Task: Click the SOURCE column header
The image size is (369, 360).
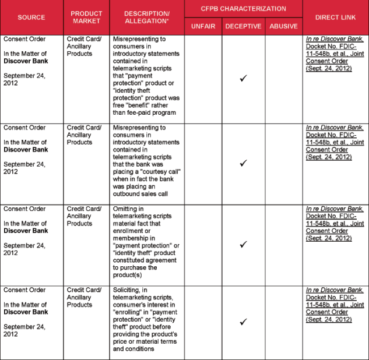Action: coord(31,17)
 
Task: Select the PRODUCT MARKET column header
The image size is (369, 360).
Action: coord(86,17)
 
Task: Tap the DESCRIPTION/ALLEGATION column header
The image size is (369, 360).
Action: coord(147,17)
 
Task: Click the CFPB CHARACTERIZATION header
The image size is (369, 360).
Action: coord(244,9)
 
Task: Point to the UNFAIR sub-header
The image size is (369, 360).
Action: coord(203,26)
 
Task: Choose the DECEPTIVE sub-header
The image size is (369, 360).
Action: coord(244,26)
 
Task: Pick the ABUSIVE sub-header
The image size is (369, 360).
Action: coord(283,26)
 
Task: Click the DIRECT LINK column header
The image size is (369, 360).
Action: coord(336,17)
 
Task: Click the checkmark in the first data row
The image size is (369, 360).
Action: coord(244,78)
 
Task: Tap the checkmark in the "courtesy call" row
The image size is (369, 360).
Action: coord(244,163)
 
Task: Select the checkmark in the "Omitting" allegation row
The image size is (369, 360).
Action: coord(244,244)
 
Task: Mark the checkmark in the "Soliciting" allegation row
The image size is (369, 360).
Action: coord(244,322)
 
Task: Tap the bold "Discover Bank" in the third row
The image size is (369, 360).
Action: coord(26,231)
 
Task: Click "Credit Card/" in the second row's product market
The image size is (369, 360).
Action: coord(84,128)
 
